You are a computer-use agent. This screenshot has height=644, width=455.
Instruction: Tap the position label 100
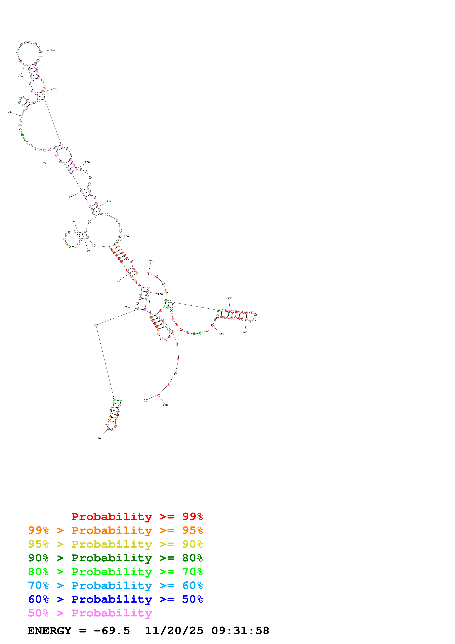point(20,76)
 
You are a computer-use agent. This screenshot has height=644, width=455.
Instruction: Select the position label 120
point(55,89)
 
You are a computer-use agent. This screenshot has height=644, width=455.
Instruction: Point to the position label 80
point(9,112)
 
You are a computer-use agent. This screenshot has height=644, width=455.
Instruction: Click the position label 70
point(45,163)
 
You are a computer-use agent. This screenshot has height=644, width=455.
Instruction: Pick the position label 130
point(87,162)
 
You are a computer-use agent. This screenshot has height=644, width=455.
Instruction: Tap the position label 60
point(70,197)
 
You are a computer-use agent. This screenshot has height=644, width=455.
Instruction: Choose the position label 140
point(109,201)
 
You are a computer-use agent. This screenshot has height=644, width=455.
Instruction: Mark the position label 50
point(74,222)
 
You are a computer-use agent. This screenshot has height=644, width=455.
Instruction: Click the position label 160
point(151,261)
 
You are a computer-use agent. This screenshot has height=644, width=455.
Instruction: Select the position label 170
point(230,299)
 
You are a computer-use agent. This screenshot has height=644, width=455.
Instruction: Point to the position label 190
point(222,334)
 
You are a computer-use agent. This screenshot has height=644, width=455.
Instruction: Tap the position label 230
point(165,405)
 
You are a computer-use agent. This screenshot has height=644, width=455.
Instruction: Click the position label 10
point(99,438)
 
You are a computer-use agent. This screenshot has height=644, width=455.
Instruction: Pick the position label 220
point(160,294)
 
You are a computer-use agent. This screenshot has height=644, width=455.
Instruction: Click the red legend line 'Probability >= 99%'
point(137,516)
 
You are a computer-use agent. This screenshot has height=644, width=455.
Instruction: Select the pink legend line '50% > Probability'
point(90,613)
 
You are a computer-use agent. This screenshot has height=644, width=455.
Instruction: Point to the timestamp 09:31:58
point(240,631)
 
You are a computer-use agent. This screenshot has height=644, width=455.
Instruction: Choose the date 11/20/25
point(174,631)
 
